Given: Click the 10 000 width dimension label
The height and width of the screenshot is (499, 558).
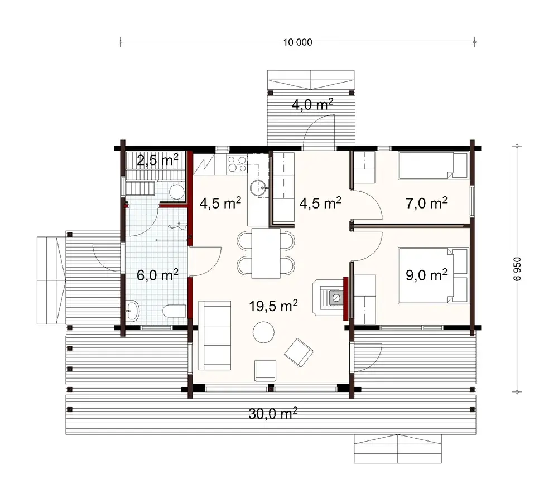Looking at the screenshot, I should click(298, 42).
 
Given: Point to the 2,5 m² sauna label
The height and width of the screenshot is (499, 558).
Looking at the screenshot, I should click(157, 161).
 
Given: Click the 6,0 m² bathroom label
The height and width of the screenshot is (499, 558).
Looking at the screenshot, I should click(157, 274).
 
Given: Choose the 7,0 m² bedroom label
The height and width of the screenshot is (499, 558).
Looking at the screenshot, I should click(427, 203).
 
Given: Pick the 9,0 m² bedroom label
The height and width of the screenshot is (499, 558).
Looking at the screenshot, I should click(427, 274).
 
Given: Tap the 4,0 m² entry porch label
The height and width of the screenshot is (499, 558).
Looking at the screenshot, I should click(312, 104).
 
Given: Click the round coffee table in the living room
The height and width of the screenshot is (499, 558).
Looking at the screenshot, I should click(263, 333).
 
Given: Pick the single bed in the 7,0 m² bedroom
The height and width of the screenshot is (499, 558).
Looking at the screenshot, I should click(434, 165).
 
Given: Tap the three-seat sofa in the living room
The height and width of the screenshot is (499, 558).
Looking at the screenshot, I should click(215, 335).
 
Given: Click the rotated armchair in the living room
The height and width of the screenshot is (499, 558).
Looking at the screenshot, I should click(300, 352).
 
